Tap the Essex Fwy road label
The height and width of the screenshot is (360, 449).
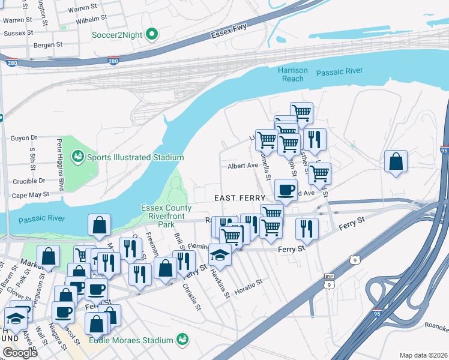click(x=230, y=32)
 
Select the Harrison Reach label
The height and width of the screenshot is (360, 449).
click(x=293, y=74)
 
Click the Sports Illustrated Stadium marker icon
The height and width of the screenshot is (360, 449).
click(x=77, y=157)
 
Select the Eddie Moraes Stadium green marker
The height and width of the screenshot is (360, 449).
click(x=182, y=340)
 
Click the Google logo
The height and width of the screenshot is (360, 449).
click(x=20, y=352)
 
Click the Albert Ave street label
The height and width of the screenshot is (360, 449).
click(x=243, y=166)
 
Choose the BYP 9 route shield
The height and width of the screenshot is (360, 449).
click(x=328, y=281)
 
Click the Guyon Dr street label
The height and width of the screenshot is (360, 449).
click(x=24, y=137)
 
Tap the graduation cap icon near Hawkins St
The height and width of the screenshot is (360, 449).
click(x=220, y=254)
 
